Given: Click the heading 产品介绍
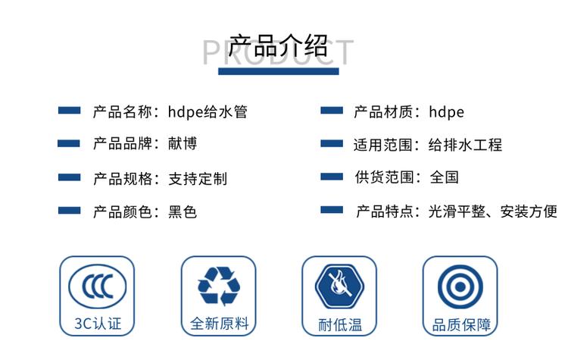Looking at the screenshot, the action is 278,46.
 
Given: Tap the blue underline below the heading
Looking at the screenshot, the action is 278,71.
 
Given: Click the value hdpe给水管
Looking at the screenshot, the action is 208,111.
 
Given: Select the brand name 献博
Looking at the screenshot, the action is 183,143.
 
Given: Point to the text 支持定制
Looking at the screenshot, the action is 198,178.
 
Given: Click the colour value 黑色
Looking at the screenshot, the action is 183,211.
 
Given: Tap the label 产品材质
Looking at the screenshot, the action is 383,111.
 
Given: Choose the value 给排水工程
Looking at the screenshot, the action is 465,145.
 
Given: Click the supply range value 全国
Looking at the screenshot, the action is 444,177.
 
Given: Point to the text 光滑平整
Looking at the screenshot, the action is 457,211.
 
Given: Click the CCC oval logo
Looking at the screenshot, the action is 98,286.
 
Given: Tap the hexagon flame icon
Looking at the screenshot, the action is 339,286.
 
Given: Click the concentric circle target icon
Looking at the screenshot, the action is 460,286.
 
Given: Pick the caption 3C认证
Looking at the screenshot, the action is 98,324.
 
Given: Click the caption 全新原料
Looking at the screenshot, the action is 219,324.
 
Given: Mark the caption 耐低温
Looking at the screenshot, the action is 340,324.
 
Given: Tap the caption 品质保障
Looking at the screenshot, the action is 461,325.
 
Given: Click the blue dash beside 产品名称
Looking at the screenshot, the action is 69,110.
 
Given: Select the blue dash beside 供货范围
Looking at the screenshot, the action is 332,177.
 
